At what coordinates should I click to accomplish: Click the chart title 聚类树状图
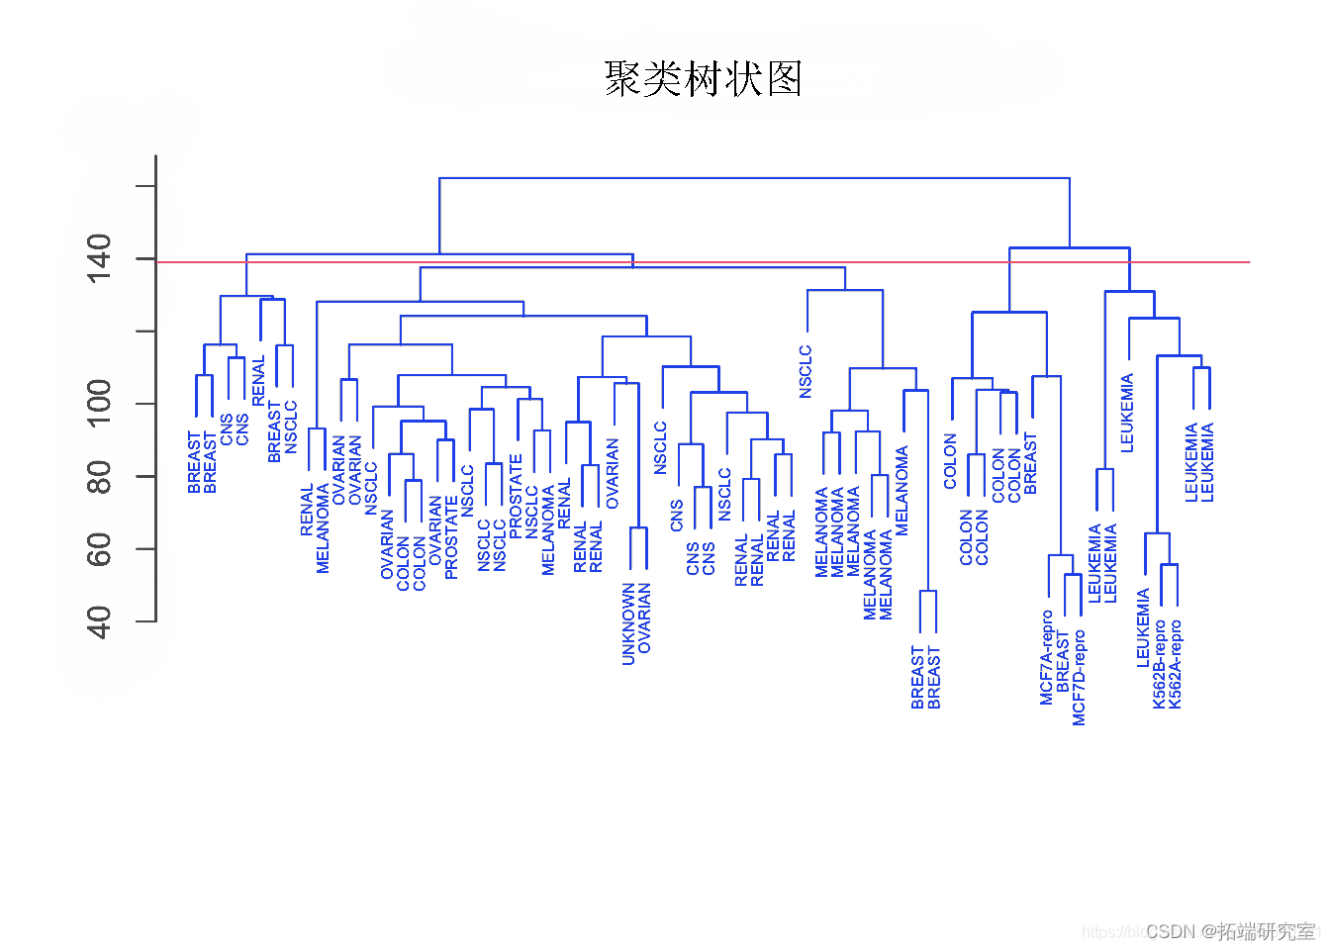tap(703, 79)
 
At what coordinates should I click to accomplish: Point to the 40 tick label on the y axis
tap(99, 622)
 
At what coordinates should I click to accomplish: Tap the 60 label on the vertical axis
tap(99, 549)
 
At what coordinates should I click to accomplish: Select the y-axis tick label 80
tap(99, 477)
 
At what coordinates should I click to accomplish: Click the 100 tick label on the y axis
tap(99, 403)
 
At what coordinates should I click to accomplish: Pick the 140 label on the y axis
tap(99, 258)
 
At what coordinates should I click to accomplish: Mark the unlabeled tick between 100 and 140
tap(145, 332)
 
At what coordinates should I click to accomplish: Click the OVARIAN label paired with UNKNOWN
tap(645, 617)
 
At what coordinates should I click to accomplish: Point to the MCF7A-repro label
tap(1047, 657)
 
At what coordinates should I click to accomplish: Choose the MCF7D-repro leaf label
tap(1080, 678)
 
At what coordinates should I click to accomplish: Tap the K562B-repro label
tap(1160, 664)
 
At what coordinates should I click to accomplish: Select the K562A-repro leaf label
tap(1176, 664)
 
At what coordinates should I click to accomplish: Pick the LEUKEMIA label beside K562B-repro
tap(1143, 627)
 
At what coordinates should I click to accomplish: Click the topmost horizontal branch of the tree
tap(754, 178)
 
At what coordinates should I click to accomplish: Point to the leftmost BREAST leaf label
tap(195, 462)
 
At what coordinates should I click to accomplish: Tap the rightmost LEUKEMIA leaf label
tap(1208, 462)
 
